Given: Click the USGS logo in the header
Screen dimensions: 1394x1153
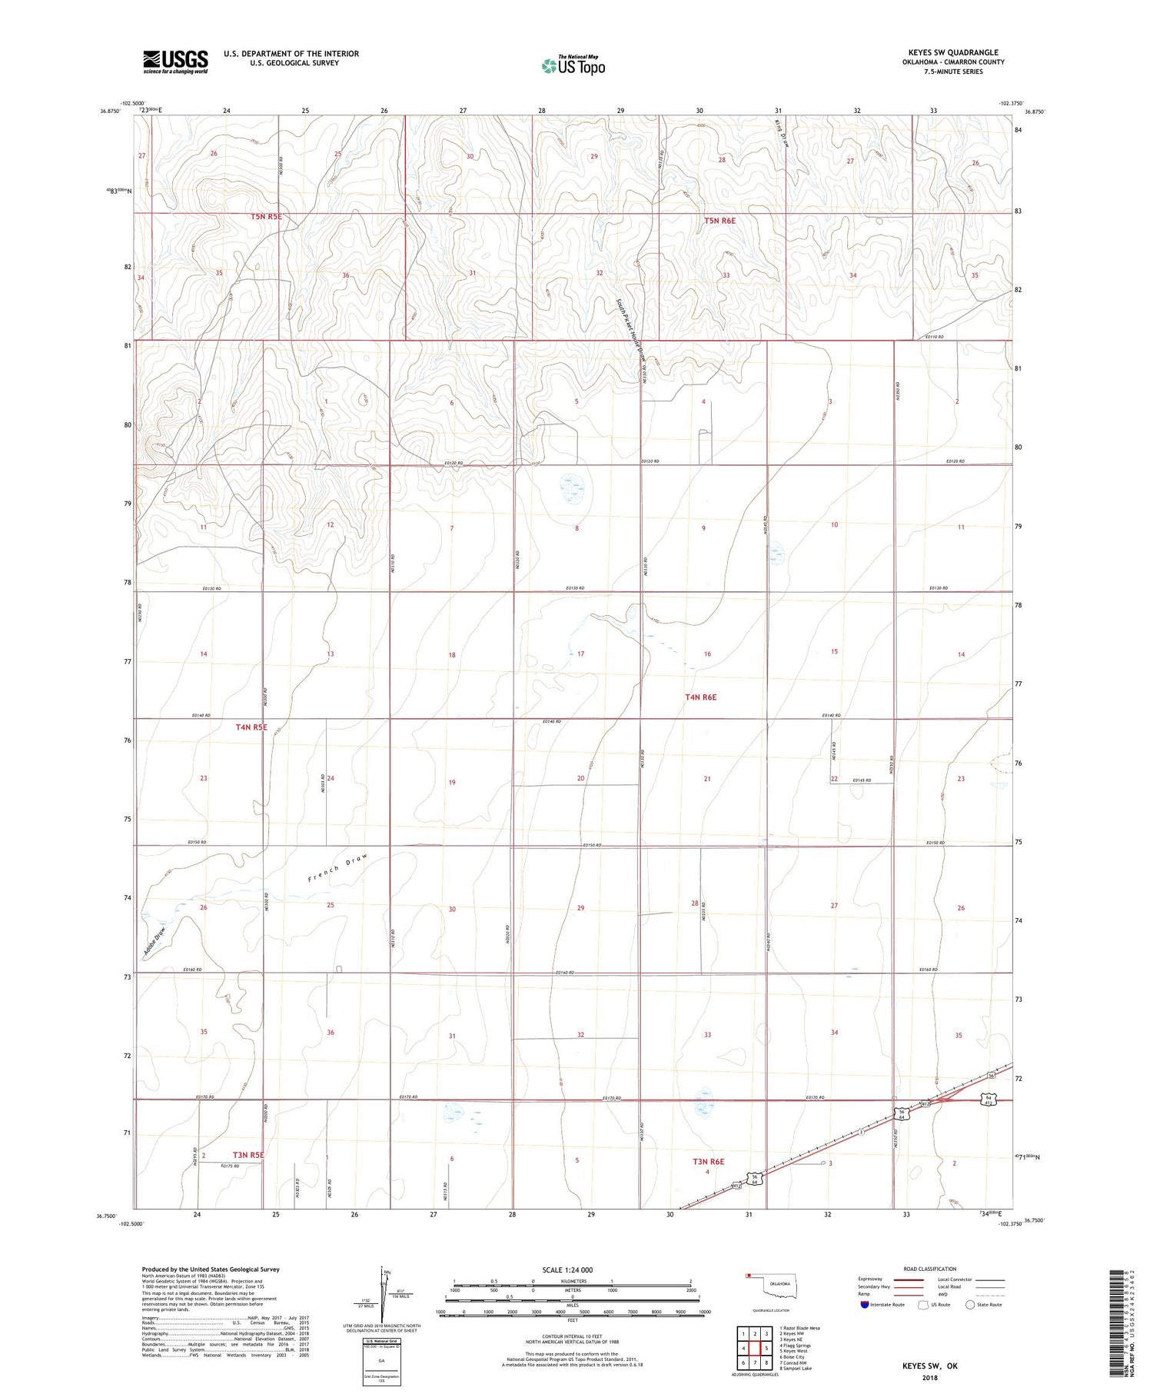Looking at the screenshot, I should pyautogui.click(x=175, y=62).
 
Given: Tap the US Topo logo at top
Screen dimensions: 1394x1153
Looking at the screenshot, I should pyautogui.click(x=573, y=66).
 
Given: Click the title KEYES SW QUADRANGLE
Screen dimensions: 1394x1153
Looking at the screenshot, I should pyautogui.click(x=953, y=52).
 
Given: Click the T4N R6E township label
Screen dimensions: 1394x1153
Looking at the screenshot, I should pyautogui.click(x=700, y=697).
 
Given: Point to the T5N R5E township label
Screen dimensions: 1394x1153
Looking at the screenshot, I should pyautogui.click(x=266, y=217).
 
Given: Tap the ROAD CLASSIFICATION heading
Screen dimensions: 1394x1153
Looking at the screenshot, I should pyautogui.click(x=930, y=1269).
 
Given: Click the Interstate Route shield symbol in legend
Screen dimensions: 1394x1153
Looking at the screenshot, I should pyautogui.click(x=865, y=1304).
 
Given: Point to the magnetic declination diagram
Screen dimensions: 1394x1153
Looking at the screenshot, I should pyautogui.click(x=384, y=1293).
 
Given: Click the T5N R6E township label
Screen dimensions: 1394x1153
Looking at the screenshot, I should pyautogui.click(x=720, y=221).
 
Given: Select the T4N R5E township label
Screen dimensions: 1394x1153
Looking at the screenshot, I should pyautogui.click(x=251, y=727).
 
